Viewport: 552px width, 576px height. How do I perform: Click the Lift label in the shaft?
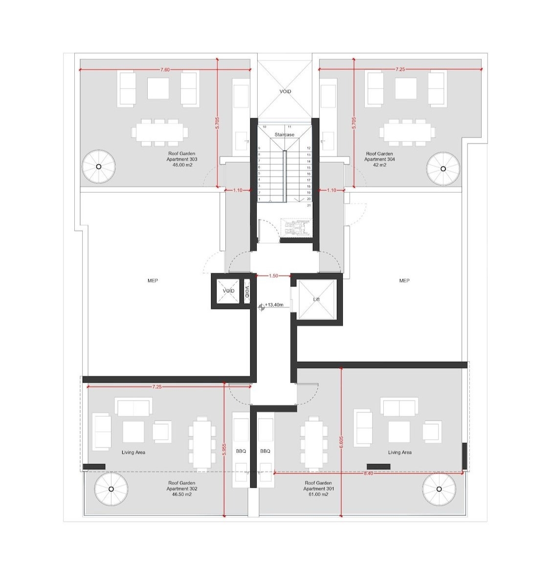click(x=316, y=299)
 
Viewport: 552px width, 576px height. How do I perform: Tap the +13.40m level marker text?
click(x=274, y=305)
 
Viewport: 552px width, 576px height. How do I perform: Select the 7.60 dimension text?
click(x=165, y=69)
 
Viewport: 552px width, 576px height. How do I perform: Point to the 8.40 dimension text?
click(x=368, y=473)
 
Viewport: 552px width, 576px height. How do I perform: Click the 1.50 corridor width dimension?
click(x=274, y=275)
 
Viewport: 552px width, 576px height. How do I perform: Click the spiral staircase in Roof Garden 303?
click(x=98, y=167)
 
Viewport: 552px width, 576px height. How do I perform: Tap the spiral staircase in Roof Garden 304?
click(x=443, y=169)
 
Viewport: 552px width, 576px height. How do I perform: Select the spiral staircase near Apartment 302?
click(x=111, y=489)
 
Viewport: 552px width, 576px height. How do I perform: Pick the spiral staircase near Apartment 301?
click(x=439, y=489)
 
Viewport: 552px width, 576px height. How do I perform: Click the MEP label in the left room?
click(x=153, y=281)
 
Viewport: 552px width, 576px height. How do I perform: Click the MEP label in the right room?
click(x=404, y=281)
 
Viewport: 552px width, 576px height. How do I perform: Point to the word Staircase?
click(x=285, y=135)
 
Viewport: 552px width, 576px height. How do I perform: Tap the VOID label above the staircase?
click(x=286, y=91)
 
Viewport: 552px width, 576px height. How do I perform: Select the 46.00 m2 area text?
click(x=182, y=165)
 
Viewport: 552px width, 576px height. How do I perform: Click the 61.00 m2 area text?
click(x=318, y=494)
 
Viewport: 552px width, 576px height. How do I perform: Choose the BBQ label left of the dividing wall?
click(x=241, y=451)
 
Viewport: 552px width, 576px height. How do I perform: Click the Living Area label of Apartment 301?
click(x=400, y=453)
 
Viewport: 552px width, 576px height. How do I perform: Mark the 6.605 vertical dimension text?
click(x=341, y=442)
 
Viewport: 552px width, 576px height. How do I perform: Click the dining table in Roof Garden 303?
click(x=160, y=132)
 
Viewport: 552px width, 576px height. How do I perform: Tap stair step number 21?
click(x=309, y=205)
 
